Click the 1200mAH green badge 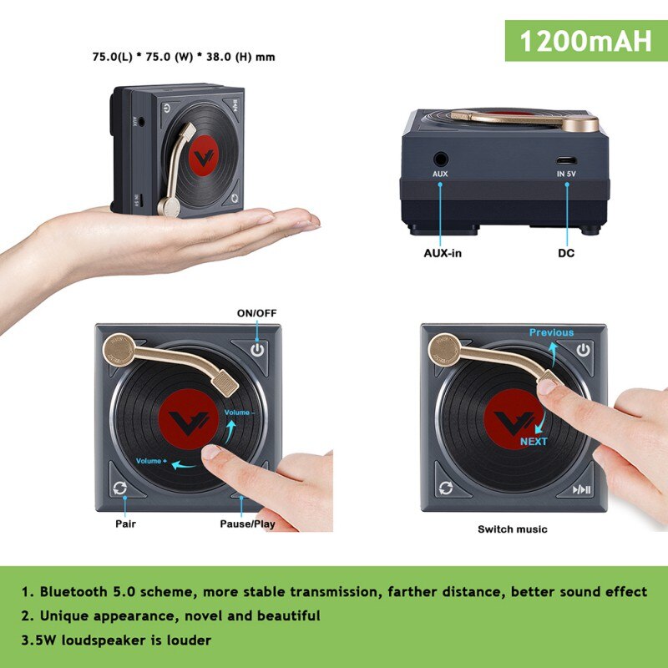click(585, 41)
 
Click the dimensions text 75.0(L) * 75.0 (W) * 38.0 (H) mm click(184, 58)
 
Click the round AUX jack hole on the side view click(440, 158)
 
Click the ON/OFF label click(256, 312)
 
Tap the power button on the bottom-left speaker click(257, 349)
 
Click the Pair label click(125, 524)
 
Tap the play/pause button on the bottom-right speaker click(582, 490)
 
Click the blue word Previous click(551, 332)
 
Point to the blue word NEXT click(534, 441)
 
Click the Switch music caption click(513, 529)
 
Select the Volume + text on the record click(153, 461)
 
